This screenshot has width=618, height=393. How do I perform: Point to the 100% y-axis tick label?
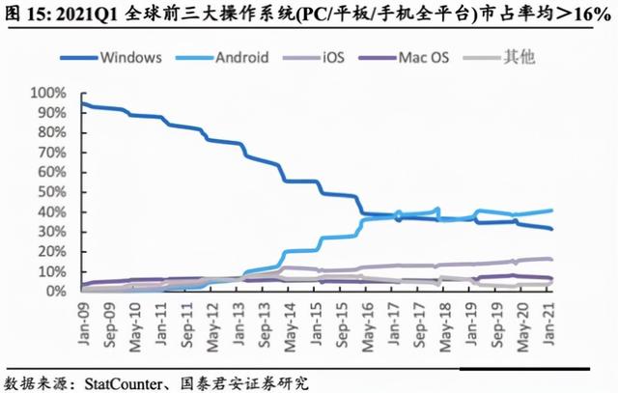click(x=48, y=95)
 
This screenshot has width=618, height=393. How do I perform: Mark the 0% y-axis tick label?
click(x=55, y=291)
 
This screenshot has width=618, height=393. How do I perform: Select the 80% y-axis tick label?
click(x=51, y=133)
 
